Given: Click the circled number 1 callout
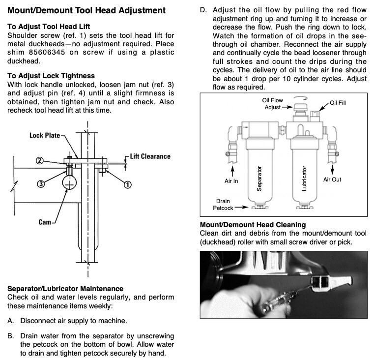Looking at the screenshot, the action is tap(128, 184).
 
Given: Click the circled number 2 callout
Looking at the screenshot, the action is tap(40, 160).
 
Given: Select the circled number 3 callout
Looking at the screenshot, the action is tap(41, 184).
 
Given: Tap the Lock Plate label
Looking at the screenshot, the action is tap(45, 135).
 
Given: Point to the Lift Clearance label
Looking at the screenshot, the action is tap(150, 156).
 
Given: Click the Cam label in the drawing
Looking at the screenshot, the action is tap(45, 222).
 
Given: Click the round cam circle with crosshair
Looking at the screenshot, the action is tap(69, 182).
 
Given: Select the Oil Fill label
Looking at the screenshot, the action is tap(338, 103).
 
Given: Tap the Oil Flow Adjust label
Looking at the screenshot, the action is tap(272, 104).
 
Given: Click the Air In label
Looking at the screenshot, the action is tap(231, 181).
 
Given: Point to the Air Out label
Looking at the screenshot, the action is tap(332, 180).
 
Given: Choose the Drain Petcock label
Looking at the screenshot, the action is tap(223, 205).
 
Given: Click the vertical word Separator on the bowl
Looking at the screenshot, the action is tap(259, 179).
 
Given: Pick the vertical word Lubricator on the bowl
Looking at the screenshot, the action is tap(304, 179).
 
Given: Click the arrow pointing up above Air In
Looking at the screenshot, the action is tap(232, 171).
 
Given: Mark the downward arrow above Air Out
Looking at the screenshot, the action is tap(332, 169).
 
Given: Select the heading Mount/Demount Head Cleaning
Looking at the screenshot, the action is tap(253, 225).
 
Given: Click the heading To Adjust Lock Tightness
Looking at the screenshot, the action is tap(51, 76).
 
